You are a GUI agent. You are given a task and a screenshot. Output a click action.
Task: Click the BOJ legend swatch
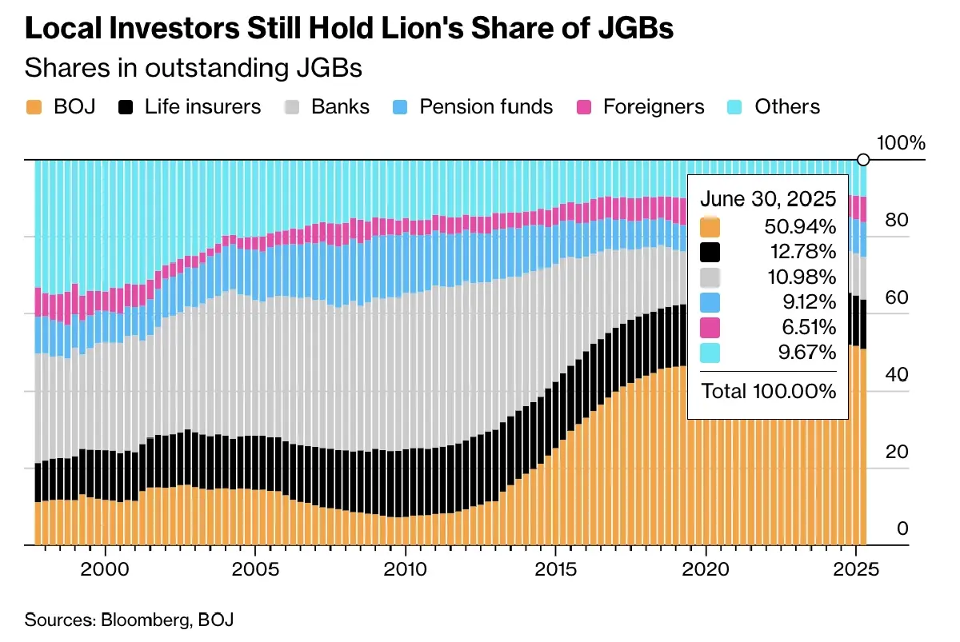coord(34,107)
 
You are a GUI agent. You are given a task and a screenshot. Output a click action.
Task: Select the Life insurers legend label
coord(202,107)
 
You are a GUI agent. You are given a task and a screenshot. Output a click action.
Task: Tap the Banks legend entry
coord(340,107)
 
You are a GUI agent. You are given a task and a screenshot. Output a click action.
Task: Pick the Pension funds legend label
coord(486,107)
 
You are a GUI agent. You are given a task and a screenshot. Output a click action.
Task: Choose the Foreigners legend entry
coord(654,107)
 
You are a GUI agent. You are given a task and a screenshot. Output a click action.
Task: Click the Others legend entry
coord(787,107)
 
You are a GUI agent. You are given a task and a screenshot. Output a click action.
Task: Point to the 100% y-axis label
coord(901,144)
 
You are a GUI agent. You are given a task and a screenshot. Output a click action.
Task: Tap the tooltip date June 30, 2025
coord(768,199)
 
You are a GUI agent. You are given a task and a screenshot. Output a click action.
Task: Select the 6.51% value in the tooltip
coord(806,327)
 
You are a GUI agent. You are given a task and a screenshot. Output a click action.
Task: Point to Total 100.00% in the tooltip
coord(768,391)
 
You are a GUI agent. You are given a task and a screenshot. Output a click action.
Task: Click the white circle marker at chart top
coord(863,160)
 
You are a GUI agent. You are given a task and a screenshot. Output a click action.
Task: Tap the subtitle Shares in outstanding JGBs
coord(194,68)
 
